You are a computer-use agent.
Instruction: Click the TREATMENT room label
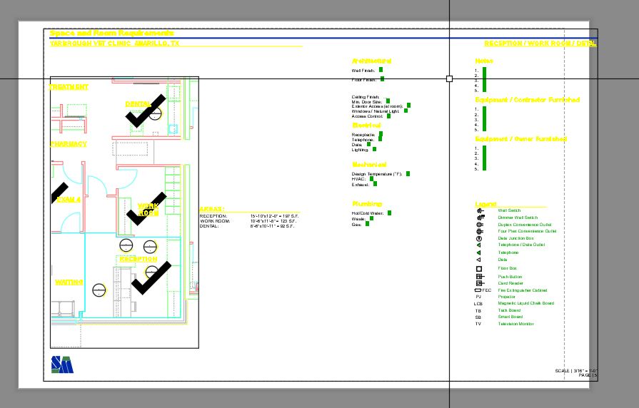69,87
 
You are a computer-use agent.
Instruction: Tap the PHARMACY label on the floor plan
69,144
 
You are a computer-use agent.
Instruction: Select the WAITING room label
69,282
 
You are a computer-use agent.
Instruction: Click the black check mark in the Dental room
146,111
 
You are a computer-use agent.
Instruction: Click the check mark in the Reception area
151,277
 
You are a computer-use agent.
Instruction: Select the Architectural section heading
371,61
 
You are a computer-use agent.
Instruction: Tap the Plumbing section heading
367,204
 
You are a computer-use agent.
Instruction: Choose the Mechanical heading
369,165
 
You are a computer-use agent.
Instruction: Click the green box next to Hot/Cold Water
389,213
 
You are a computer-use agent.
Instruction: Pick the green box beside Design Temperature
408,173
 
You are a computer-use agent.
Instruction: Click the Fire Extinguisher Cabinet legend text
523,290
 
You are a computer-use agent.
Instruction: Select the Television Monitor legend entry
515,324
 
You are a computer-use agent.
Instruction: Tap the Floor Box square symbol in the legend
479,268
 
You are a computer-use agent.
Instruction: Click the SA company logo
61,364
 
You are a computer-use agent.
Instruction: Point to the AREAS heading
211,210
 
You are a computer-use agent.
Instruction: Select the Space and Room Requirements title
111,34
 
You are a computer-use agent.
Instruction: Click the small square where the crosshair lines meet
449,78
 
